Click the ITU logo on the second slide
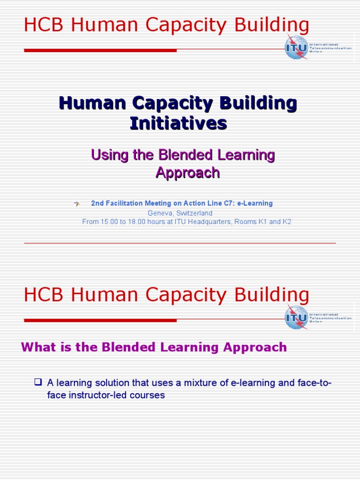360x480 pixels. tap(297, 317)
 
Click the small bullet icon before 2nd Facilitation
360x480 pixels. tap(77, 203)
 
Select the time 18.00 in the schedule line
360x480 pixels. tap(138, 222)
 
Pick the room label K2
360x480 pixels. tap(286, 222)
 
